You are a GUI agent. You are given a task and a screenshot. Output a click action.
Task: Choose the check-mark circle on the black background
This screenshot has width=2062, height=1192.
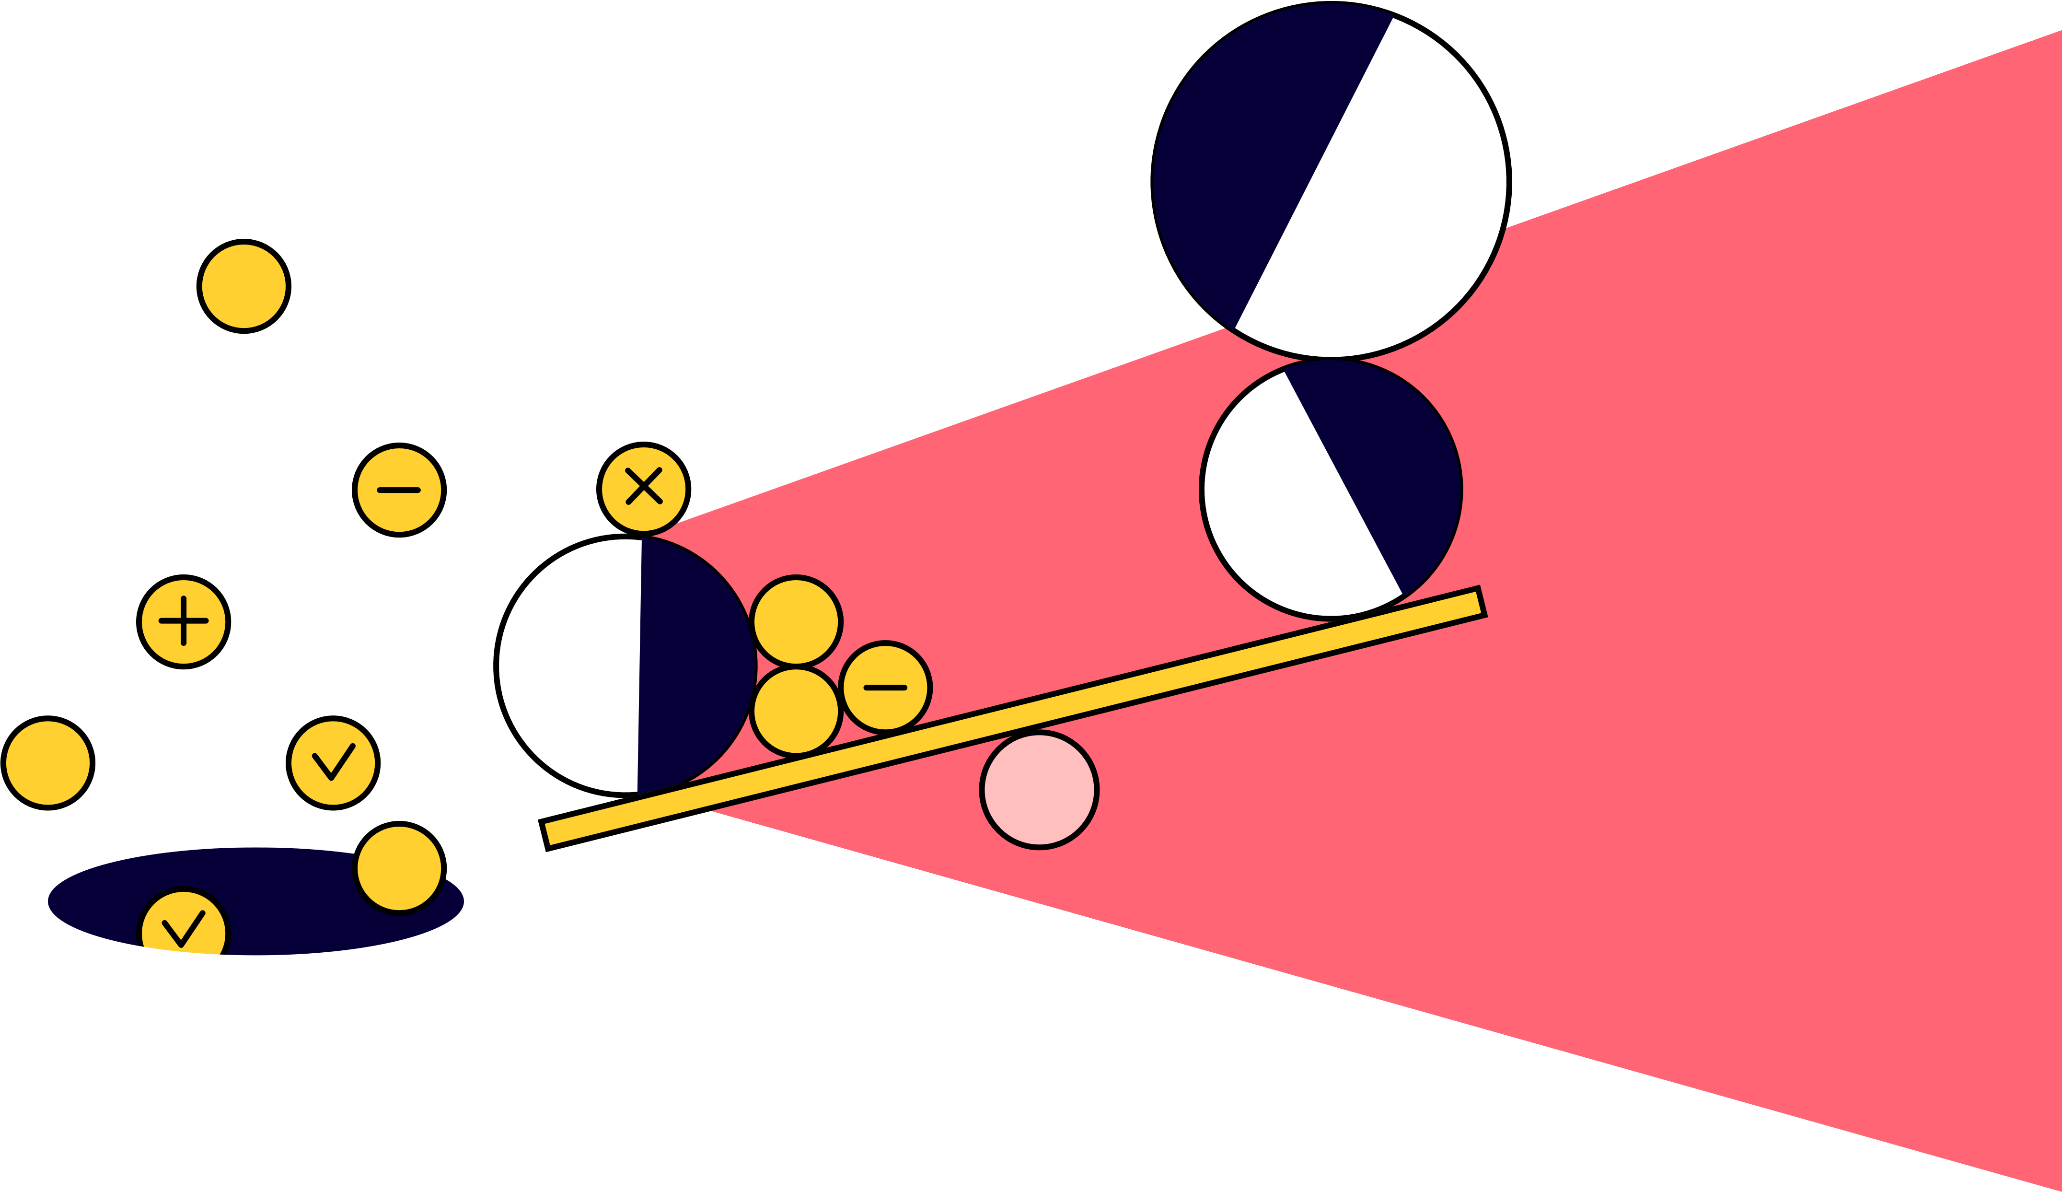pos(333,763)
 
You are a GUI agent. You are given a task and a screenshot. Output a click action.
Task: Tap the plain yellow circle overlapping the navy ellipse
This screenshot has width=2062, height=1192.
pos(399,869)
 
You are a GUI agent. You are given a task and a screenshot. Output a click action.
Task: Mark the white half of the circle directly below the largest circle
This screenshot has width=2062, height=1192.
pos(1285,508)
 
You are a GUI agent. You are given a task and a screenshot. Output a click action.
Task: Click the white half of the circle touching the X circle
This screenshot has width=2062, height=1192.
pos(568,665)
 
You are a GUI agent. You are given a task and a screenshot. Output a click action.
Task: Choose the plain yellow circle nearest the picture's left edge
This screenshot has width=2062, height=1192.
pos(47,763)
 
